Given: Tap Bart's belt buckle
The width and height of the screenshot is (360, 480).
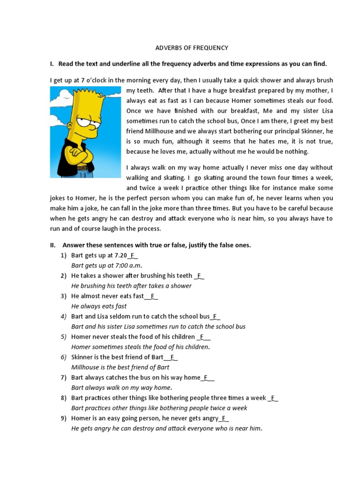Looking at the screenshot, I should tap(84, 168).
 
